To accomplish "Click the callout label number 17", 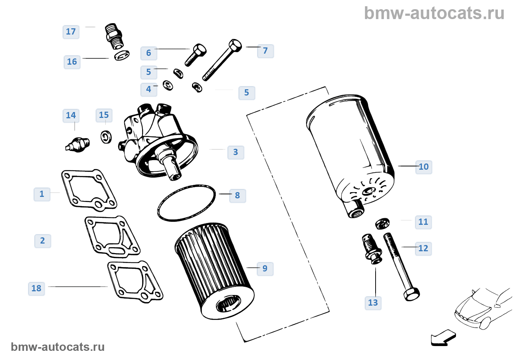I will tap(71, 32).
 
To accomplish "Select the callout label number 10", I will tap(423, 167).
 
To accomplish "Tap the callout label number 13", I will tap(373, 303).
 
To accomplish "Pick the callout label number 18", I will tap(36, 288).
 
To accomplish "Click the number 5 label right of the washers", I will tap(247, 93).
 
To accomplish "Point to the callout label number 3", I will tap(236, 152).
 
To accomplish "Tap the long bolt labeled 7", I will tap(222, 61).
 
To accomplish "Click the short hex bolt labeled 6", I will tap(196, 55).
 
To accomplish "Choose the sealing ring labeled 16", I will tap(122, 55).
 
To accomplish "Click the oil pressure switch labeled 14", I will tap(78, 144).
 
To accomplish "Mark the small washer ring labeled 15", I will tap(106, 137).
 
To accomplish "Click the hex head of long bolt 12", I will tap(412, 294).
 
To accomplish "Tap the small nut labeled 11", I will tap(382, 223).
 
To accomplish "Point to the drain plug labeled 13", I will tap(372, 248).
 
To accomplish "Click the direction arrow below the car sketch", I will tap(444, 338).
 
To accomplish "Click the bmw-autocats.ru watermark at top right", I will tap(434, 14).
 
